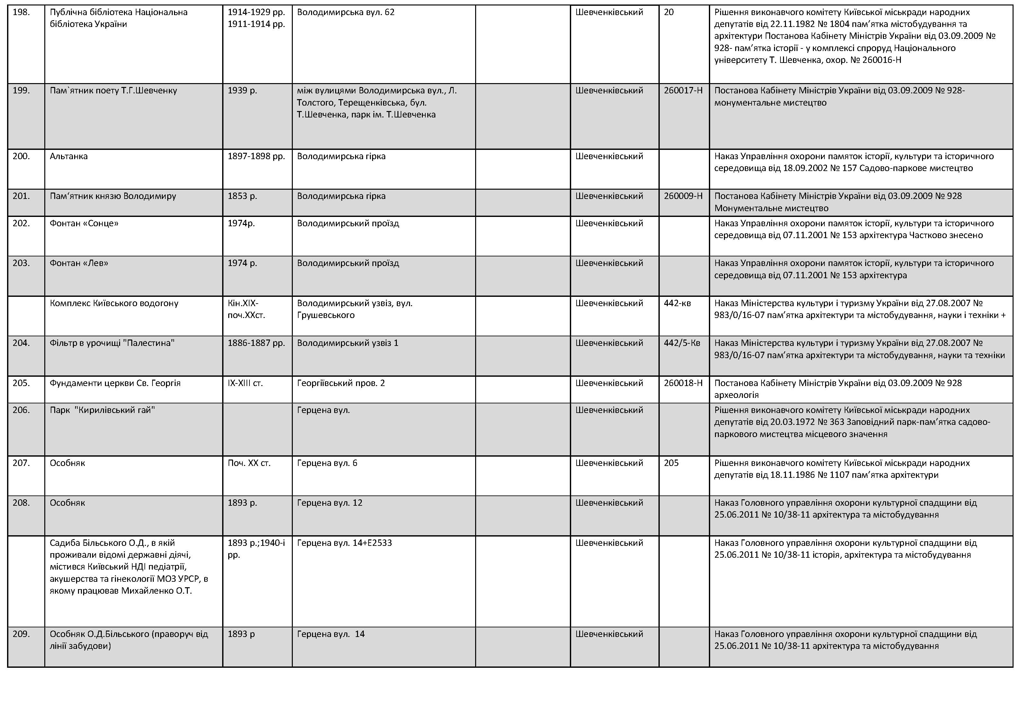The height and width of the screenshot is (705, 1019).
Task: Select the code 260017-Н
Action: pos(683,90)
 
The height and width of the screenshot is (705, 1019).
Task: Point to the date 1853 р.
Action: pos(242,196)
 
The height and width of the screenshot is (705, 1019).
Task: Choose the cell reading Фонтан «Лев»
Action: pos(79,263)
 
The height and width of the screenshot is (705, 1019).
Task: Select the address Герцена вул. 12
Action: pos(329,503)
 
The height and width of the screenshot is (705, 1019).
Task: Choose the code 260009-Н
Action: pos(683,196)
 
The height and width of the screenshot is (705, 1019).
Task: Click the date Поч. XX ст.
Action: pos(249,463)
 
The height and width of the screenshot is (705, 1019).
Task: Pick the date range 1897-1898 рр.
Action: pos(256,156)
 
